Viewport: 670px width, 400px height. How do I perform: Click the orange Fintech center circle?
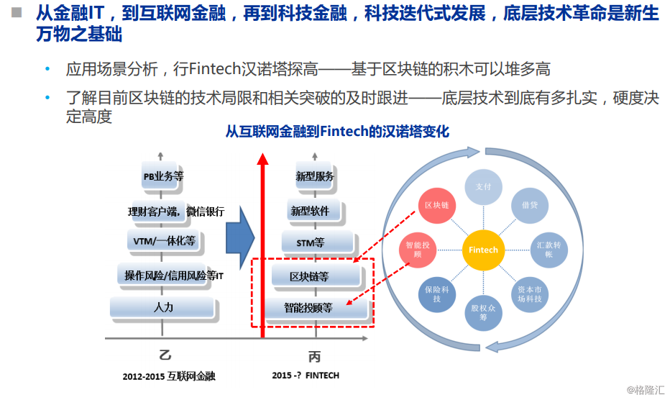(483, 250)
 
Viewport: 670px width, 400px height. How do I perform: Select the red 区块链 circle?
(437, 205)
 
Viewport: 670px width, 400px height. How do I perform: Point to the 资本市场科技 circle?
(532, 294)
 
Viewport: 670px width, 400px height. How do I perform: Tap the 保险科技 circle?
(436, 294)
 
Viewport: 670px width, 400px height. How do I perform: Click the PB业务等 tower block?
(164, 176)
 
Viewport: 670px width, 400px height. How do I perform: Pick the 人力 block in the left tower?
(163, 307)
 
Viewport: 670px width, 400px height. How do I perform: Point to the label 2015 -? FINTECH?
(306, 375)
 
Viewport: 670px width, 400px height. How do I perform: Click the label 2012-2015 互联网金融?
(168, 376)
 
